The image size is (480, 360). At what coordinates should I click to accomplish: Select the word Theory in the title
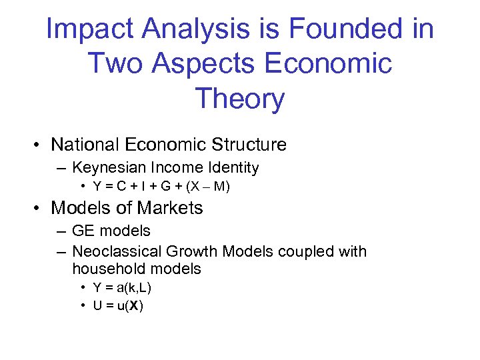click(240, 99)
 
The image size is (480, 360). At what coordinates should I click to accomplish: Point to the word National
click(88, 145)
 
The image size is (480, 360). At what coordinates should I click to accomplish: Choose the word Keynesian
click(111, 168)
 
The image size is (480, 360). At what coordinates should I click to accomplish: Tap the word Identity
click(233, 168)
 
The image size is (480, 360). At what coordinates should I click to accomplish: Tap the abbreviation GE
click(83, 231)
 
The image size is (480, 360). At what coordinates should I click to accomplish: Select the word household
click(109, 269)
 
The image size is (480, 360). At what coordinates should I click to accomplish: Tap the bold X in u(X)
click(135, 306)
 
